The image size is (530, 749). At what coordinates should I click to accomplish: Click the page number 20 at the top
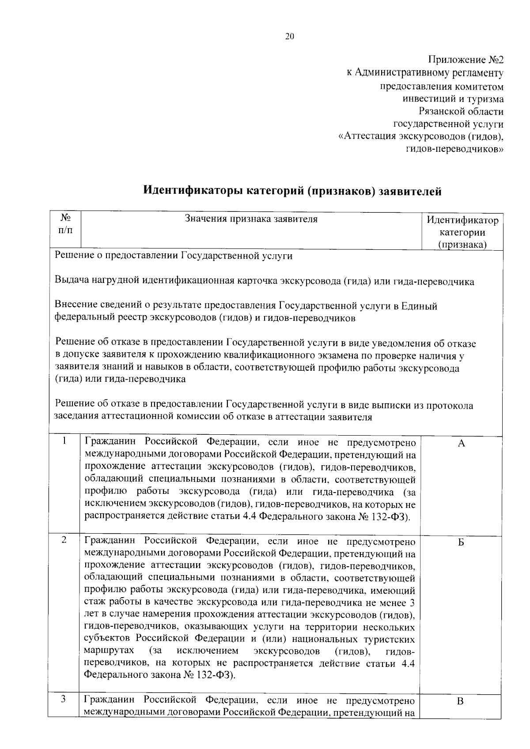point(289,37)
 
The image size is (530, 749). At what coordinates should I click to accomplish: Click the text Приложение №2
point(466,60)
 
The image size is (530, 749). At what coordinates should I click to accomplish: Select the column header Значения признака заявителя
point(251,219)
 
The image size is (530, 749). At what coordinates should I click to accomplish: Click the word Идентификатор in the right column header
point(462,220)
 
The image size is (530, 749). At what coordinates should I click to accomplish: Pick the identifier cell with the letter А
point(461,444)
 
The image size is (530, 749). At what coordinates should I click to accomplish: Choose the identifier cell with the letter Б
point(461,543)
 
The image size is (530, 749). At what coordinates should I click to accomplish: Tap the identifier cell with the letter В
point(460,701)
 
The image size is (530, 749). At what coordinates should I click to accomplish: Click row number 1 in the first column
point(64,440)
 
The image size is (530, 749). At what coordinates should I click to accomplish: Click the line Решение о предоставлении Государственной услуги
point(173,256)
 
